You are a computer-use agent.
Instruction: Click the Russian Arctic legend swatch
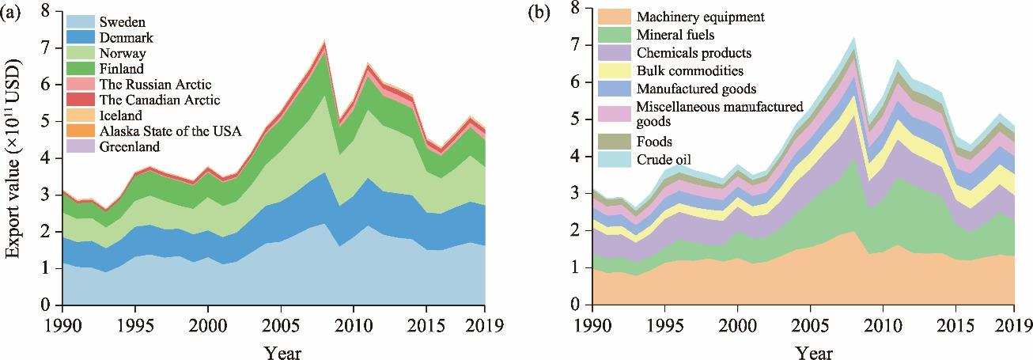(82, 84)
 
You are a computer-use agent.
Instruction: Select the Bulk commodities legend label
(685, 71)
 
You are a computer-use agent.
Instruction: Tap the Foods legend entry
(653, 142)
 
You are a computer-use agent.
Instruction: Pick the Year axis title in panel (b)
(803, 351)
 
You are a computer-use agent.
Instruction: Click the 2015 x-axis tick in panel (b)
(943, 325)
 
